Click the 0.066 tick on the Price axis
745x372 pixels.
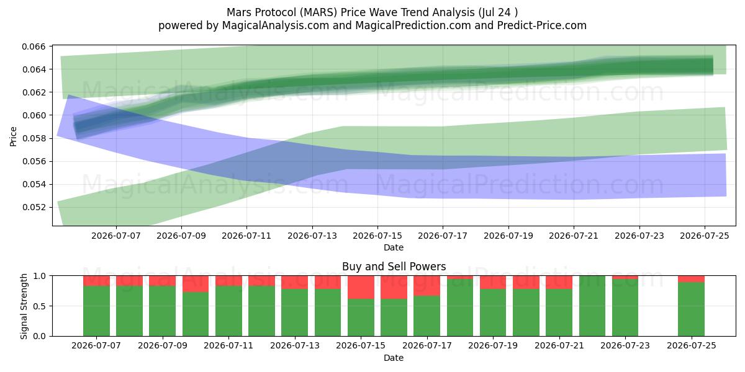pyautogui.click(x=34, y=46)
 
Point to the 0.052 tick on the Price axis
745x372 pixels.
pyautogui.click(x=34, y=207)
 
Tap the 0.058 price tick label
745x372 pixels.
pyautogui.click(x=34, y=138)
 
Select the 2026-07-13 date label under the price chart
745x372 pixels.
pyautogui.click(x=312, y=236)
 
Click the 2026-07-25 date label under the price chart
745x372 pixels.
pyautogui.click(x=705, y=236)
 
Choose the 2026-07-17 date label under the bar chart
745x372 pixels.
pyautogui.click(x=427, y=345)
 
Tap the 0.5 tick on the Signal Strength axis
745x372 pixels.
pyautogui.click(x=40, y=306)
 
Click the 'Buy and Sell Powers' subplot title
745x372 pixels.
pyautogui.click(x=394, y=267)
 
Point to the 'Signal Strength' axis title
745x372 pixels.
pyautogui.click(x=24, y=306)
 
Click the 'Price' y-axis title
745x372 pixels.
pyautogui.click(x=13, y=136)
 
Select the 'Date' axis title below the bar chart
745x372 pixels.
pyautogui.click(x=394, y=358)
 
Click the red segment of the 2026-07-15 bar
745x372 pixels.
pyautogui.click(x=361, y=287)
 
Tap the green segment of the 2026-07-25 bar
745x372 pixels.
pyautogui.click(x=691, y=309)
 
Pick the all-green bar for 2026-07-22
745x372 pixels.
pyautogui.click(x=592, y=306)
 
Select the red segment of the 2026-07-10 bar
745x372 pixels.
pyautogui.click(x=196, y=284)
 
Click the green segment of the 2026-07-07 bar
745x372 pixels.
pyautogui.click(x=96, y=311)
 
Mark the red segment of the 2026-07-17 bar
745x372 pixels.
pyautogui.click(x=427, y=286)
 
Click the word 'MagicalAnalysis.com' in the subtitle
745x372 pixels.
pyautogui.click(x=276, y=25)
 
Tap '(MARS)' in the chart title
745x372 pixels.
pyautogui.click(x=318, y=12)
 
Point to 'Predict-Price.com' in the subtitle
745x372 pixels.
pyautogui.click(x=542, y=25)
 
